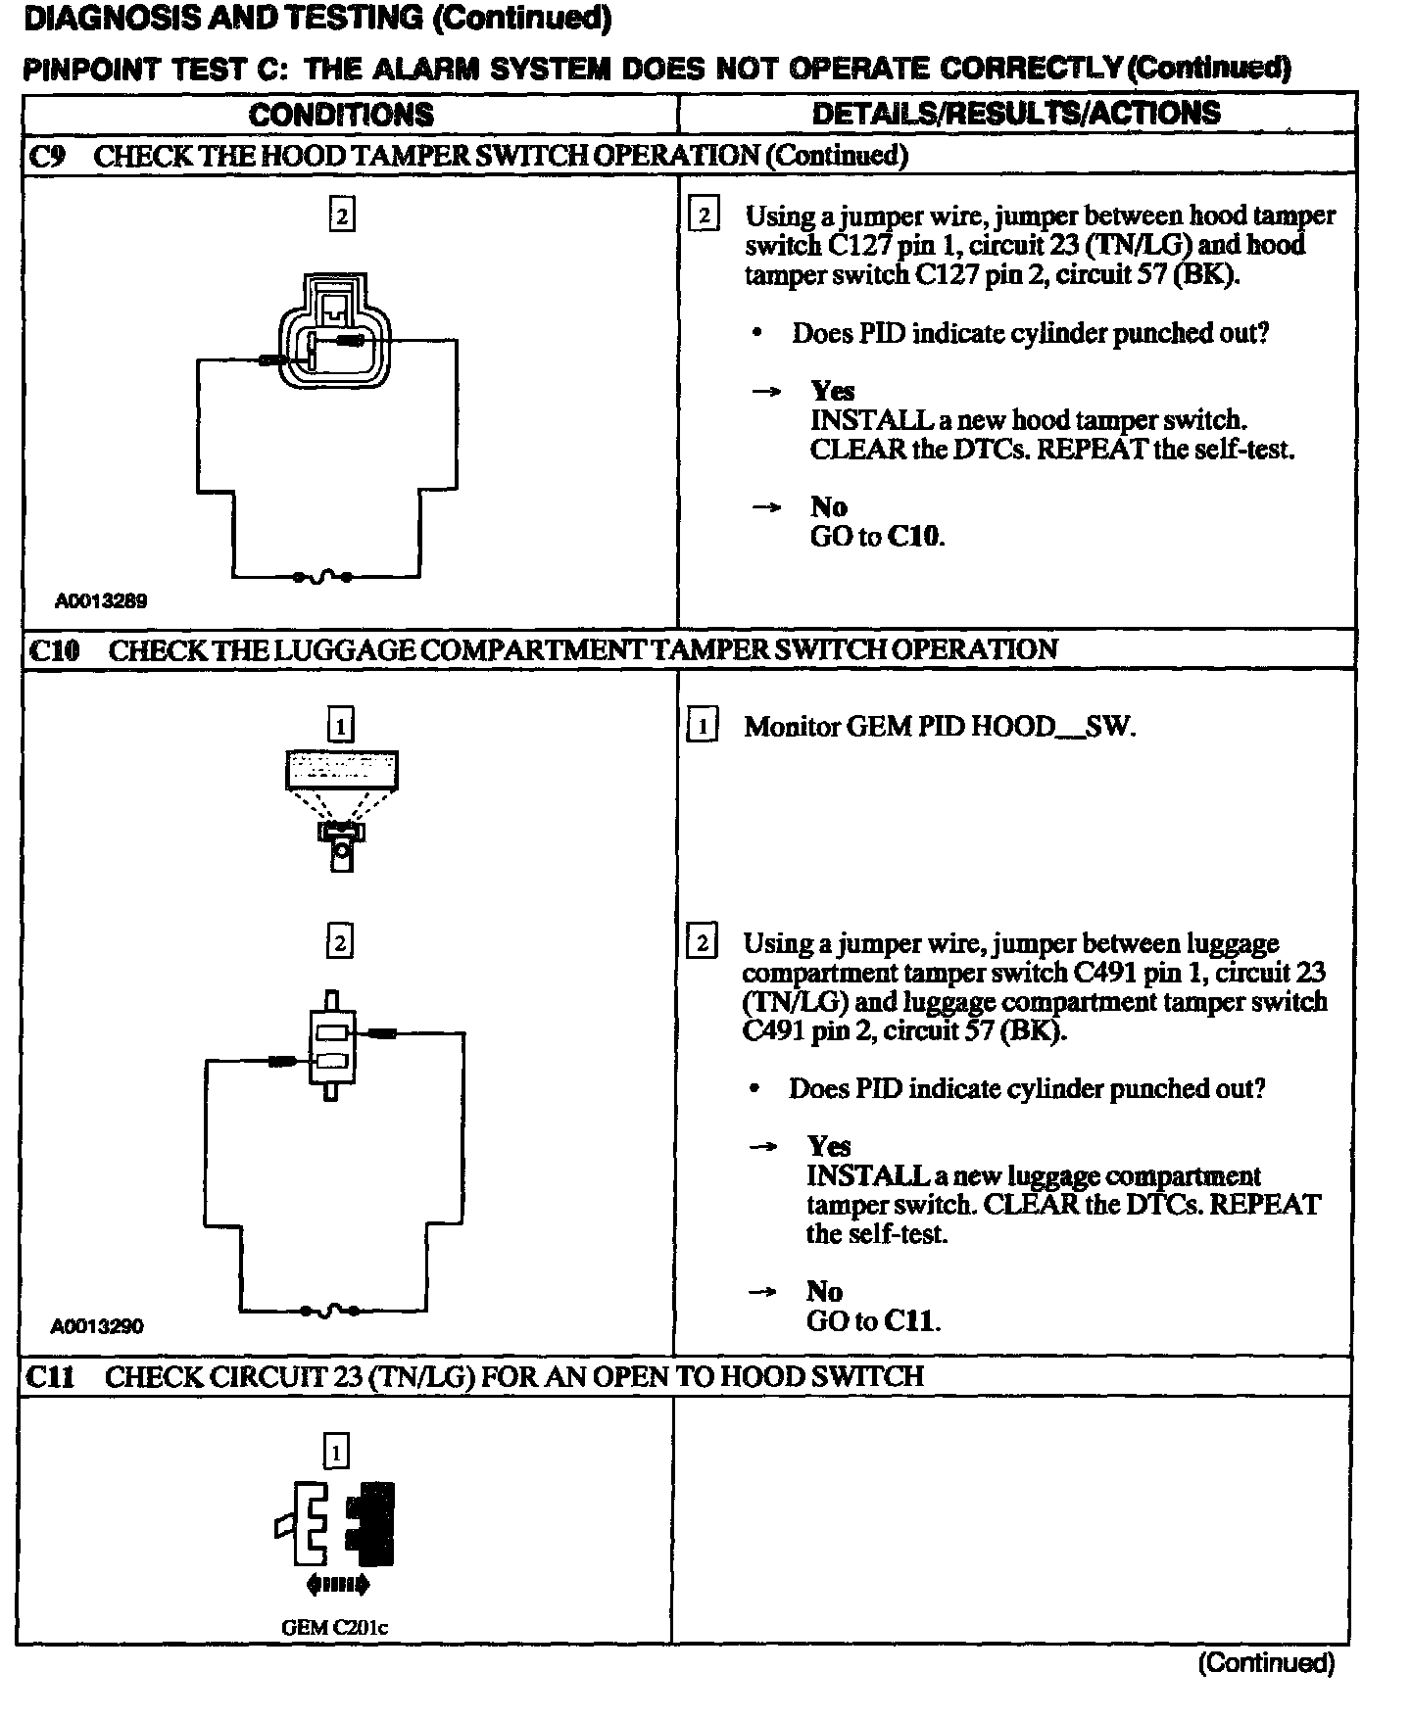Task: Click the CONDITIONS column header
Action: (x=341, y=114)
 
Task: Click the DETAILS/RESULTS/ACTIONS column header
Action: (x=1016, y=113)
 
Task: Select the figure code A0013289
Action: (x=101, y=600)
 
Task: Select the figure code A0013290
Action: (x=97, y=1326)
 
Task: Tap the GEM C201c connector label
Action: (x=334, y=1627)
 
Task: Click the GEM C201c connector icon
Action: (x=336, y=1527)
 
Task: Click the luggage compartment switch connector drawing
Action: (x=331, y=1045)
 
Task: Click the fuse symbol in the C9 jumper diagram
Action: (x=322, y=577)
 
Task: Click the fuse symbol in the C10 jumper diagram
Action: (x=330, y=1310)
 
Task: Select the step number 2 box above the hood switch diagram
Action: (x=341, y=215)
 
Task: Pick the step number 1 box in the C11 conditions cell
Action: (x=335, y=1452)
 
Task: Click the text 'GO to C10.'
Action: (x=877, y=536)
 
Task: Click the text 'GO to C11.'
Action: (x=873, y=1320)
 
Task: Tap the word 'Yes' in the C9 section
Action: (x=832, y=391)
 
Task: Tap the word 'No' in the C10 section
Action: (x=824, y=1291)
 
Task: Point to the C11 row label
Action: (x=49, y=1376)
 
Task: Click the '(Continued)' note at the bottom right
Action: (x=1265, y=1662)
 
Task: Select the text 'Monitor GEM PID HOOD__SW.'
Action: (x=939, y=726)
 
